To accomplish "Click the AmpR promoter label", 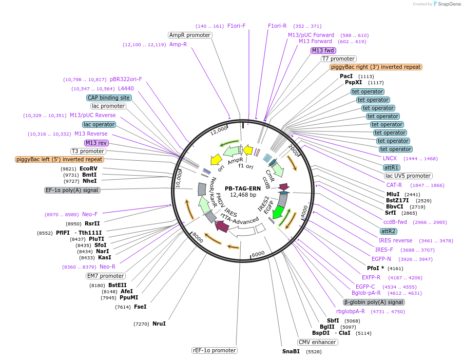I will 190,35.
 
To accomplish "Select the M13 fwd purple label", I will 323,50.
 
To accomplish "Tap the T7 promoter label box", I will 339,59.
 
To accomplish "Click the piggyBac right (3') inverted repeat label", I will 376,67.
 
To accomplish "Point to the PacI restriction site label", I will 346,76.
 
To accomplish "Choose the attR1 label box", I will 392,167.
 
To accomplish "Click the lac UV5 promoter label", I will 408,176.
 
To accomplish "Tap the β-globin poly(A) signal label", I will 374,302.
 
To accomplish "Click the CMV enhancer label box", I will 317,342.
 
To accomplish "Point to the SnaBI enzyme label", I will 291,352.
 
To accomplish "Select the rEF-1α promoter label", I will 215,350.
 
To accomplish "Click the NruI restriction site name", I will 159,324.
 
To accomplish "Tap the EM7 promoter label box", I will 106,276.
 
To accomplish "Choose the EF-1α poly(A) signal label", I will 72,190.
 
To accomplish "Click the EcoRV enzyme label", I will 88,168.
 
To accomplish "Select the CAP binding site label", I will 108,98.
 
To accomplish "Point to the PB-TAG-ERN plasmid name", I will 242,188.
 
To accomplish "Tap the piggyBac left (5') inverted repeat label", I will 60,159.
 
